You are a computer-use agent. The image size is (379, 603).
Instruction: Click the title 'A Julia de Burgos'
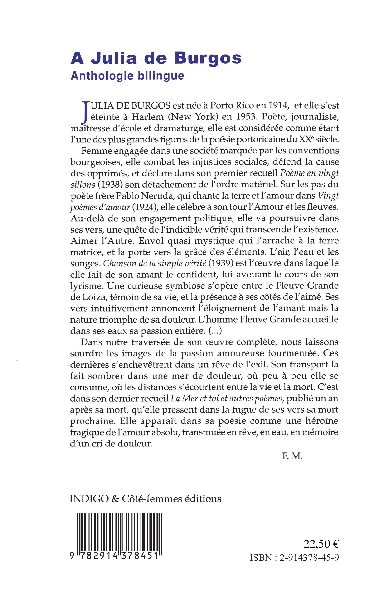click(156, 58)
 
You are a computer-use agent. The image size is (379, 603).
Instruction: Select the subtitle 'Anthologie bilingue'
click(127, 76)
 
